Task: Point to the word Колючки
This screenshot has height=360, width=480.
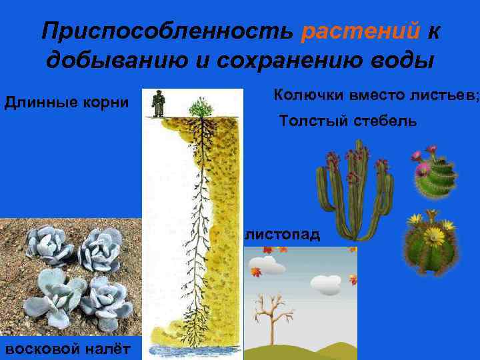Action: (x=305, y=95)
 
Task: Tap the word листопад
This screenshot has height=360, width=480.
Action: (x=281, y=235)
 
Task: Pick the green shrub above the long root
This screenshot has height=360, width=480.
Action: (x=199, y=107)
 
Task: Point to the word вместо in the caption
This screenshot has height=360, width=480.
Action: (x=379, y=95)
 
